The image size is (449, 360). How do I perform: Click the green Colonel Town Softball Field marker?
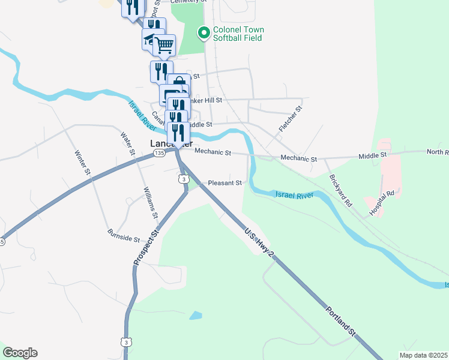tap(203, 34)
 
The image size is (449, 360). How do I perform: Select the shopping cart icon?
tap(164, 44)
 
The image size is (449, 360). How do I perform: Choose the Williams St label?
tap(150, 202)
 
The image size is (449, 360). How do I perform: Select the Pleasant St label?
tap(224, 183)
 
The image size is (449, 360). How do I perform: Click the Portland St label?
tap(341, 321)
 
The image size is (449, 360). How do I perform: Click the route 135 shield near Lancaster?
tap(158, 154)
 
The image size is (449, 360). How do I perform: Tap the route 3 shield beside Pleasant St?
tap(183, 179)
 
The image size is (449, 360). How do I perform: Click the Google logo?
tap(20, 353)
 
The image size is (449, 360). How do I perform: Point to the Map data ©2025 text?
tap(423, 355)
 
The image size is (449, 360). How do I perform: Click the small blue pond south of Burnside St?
tap(196, 315)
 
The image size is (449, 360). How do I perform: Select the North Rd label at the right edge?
tap(438, 152)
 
